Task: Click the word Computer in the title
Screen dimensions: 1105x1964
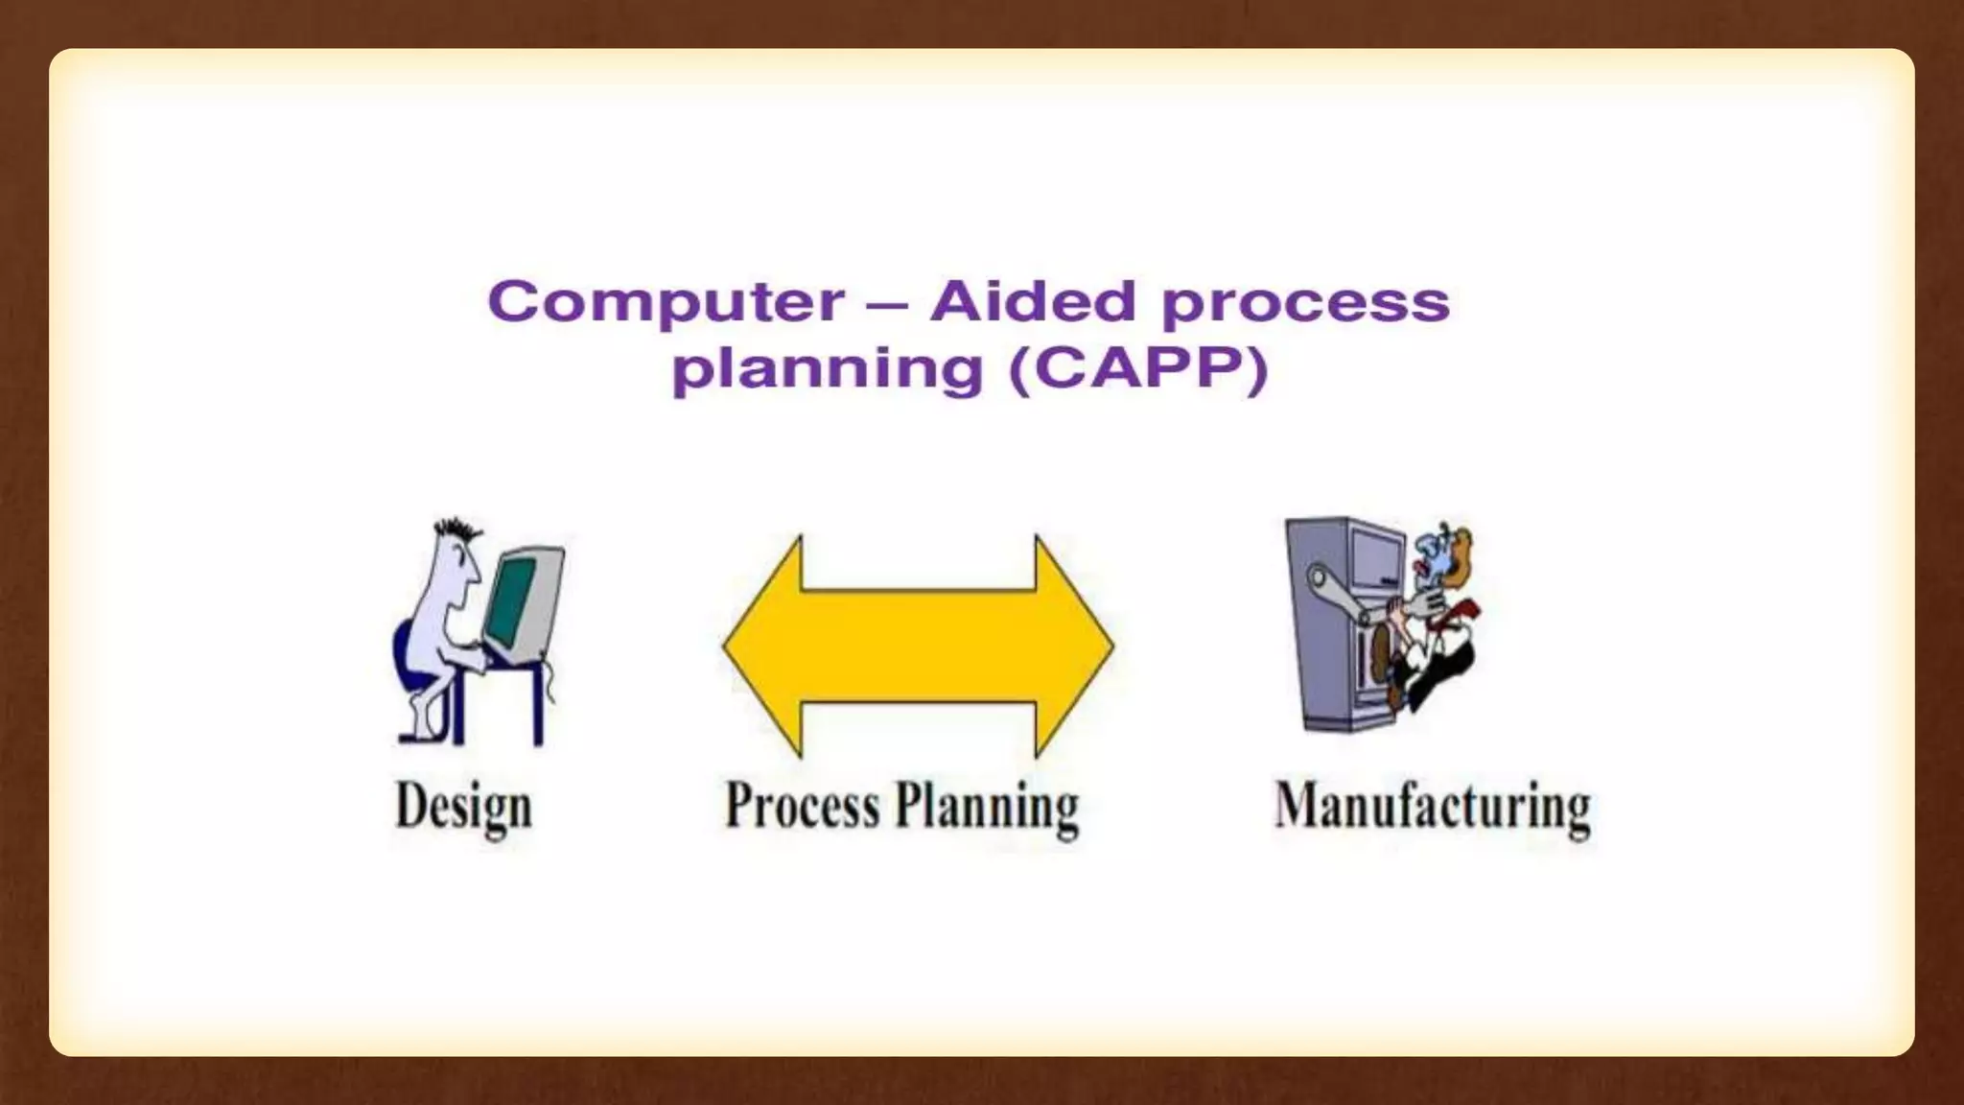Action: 666,302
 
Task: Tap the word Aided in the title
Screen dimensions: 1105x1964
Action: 1033,301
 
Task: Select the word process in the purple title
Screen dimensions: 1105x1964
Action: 1305,305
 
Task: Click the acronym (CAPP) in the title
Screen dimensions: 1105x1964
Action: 1138,369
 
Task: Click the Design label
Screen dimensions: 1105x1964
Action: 463,807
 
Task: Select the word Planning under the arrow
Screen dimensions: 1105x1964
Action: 987,807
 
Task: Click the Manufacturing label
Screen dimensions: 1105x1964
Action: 1432,807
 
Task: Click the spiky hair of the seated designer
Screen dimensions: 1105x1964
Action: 458,530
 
